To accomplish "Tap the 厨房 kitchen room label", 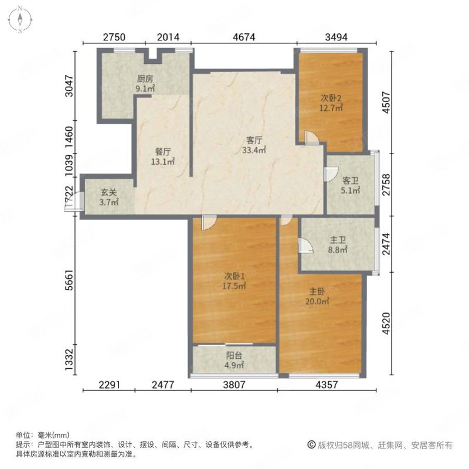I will (145, 83).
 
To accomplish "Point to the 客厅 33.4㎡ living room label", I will (253, 145).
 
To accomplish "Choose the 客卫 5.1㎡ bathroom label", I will (350, 185).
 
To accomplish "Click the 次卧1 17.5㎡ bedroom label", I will (233, 281).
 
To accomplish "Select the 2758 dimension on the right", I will (386, 184).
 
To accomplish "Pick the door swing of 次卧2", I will (312, 138).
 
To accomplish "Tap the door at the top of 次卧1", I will (207, 222).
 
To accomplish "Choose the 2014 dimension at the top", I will (169, 36).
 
